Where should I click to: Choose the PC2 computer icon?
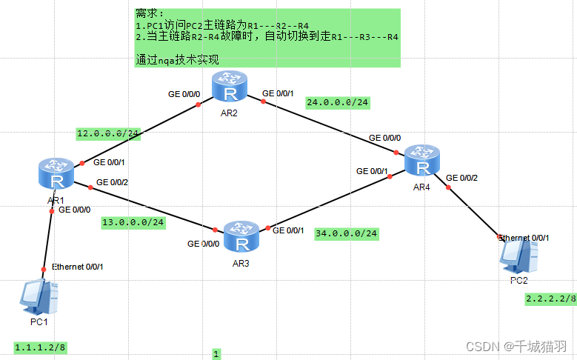click(x=517, y=256)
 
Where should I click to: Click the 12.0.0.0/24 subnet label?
click(x=108, y=133)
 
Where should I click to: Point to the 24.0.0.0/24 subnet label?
click(x=337, y=102)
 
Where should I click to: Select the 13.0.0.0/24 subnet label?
click(x=133, y=221)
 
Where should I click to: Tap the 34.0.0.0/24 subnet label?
click(x=346, y=233)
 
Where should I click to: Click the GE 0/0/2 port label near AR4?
click(x=461, y=178)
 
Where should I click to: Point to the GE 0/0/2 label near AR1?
click(x=112, y=181)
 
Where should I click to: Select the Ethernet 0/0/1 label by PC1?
click(x=77, y=267)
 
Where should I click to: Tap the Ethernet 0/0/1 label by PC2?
click(x=524, y=238)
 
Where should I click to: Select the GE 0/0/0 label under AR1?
click(x=74, y=210)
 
